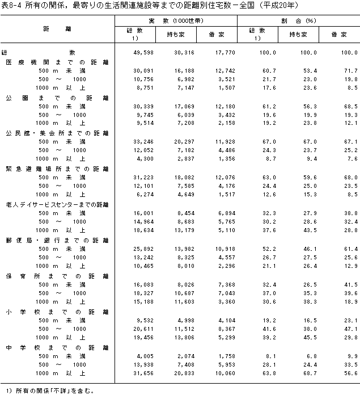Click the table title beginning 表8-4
150,5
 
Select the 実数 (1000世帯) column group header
176,20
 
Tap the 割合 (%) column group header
298,20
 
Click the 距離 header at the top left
57,29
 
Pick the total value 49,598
143,53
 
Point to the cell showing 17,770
225,53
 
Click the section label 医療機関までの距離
57,62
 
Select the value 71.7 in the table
351,71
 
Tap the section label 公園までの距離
57,98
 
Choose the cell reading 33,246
143,142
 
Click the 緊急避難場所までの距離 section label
57,169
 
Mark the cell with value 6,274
145,195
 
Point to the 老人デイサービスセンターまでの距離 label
57,205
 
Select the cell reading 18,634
143,230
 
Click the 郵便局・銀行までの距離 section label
57,241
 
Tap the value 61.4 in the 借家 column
351,249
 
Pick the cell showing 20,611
143,329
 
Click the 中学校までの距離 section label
57,348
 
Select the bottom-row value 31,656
143,373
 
